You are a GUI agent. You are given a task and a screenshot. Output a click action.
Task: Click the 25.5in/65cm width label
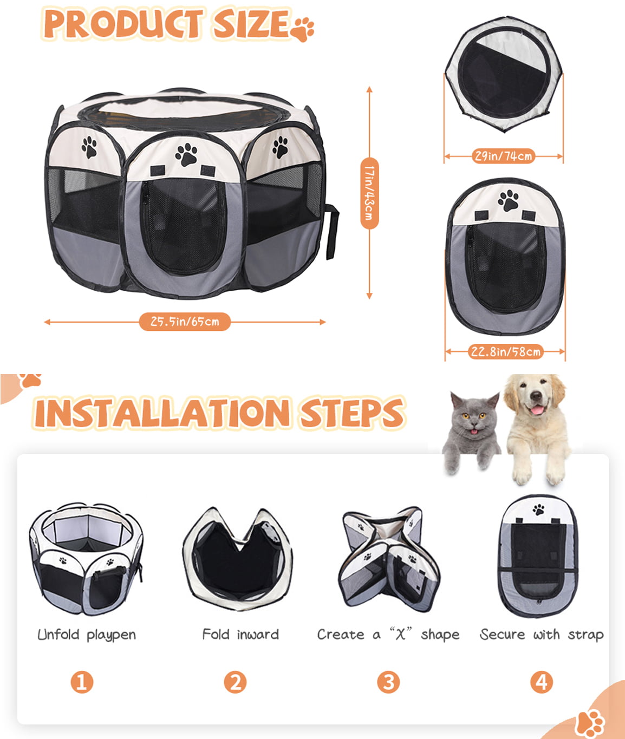pos(185,322)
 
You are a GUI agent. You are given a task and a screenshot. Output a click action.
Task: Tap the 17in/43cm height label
pos(369,193)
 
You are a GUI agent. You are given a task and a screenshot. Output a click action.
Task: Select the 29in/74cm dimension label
pos(503,156)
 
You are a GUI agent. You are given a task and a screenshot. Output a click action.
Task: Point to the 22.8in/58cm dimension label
pos(505,352)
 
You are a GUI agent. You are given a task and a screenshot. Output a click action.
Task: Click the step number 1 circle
pos(82,682)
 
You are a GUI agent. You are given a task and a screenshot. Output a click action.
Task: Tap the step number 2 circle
pos(235,682)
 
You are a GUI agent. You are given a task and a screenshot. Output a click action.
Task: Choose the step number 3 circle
pos(388,682)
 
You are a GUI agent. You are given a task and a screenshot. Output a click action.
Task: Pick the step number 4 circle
pos(542,682)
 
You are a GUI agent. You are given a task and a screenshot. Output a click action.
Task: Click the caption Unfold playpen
pos(87,635)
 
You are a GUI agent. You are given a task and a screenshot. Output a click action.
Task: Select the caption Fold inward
pos(240,634)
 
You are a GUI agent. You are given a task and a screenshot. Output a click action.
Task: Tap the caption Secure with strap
pos(542,635)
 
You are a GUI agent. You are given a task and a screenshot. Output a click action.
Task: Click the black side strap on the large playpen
pos(331,232)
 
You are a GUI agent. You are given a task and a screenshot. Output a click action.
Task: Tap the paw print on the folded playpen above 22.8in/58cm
pos(508,200)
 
